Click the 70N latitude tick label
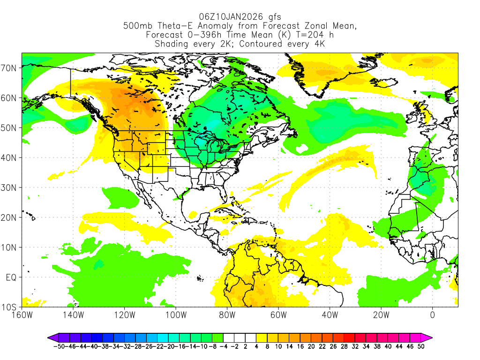point(10,68)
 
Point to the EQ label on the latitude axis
point(11,277)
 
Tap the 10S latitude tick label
point(10,307)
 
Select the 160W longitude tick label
point(22,315)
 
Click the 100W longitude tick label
point(176,315)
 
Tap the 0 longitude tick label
point(432,315)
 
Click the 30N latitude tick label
point(10,187)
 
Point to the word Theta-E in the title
point(176,26)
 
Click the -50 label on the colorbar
point(58,346)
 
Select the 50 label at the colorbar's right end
point(421,346)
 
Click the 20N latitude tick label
point(10,217)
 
